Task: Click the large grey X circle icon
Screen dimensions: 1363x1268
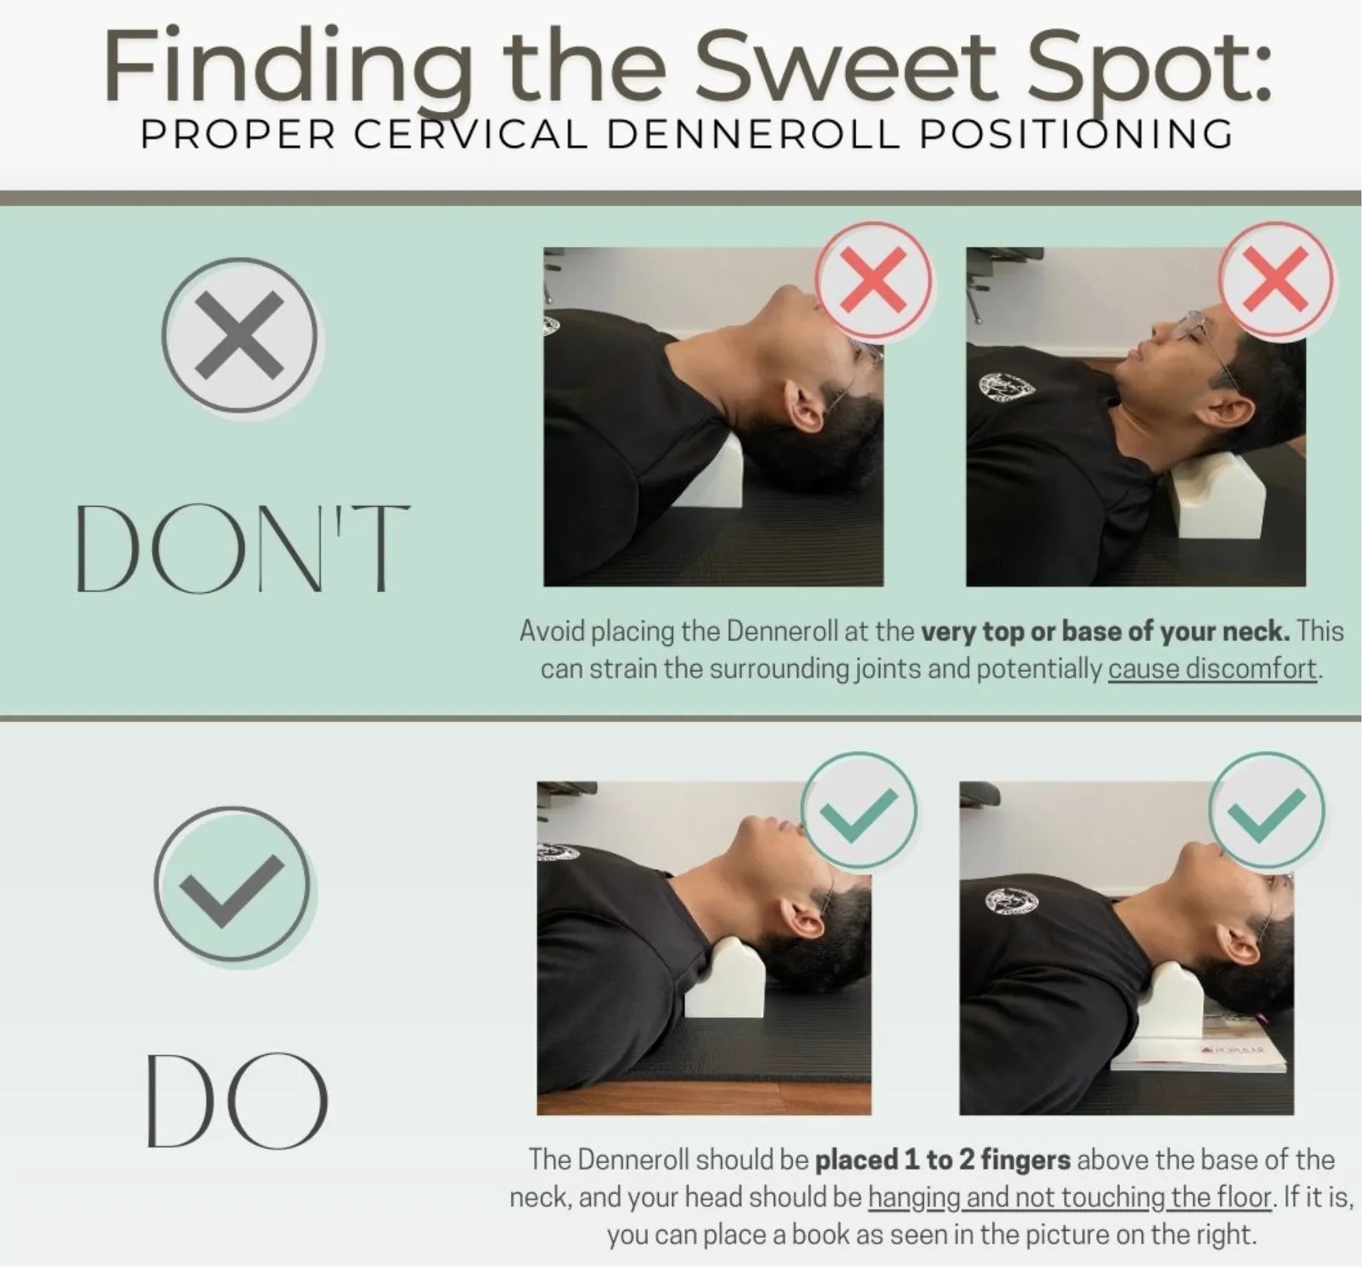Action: coord(241,335)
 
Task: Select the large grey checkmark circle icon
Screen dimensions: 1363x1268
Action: coord(232,884)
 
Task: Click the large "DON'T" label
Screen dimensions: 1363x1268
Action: coord(242,548)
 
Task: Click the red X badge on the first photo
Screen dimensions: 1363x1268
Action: coord(874,279)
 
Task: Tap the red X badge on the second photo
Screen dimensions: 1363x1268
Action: coord(1276,279)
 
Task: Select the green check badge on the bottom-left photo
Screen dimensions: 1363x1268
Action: coord(858,810)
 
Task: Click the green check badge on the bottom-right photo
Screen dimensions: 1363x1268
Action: coord(1267,810)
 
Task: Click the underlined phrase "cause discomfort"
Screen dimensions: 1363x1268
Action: coord(1212,669)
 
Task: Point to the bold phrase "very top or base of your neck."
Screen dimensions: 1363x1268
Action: coord(1105,632)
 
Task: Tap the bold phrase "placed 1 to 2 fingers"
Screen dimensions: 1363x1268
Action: coord(942,1160)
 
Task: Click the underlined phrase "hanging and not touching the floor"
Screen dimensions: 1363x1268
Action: coord(1070,1197)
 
